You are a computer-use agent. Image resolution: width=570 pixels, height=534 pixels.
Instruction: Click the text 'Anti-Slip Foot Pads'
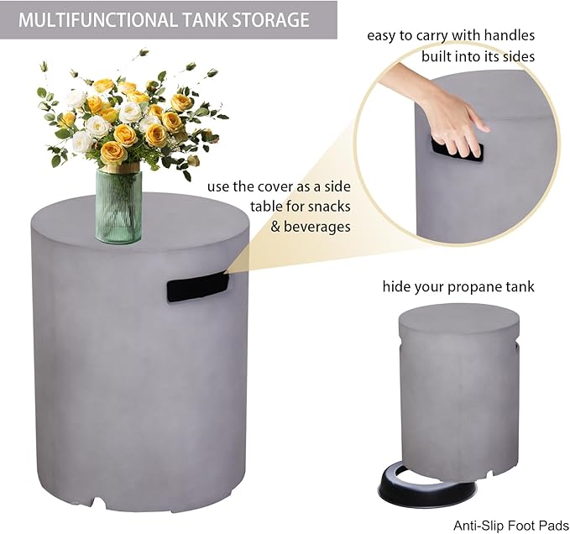pos(505,524)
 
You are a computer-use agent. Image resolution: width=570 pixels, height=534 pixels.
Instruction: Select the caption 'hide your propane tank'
pos(458,287)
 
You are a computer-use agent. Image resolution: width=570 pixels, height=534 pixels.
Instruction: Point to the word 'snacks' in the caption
pos(330,207)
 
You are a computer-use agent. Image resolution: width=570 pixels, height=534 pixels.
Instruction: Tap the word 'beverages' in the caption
pos(321,227)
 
